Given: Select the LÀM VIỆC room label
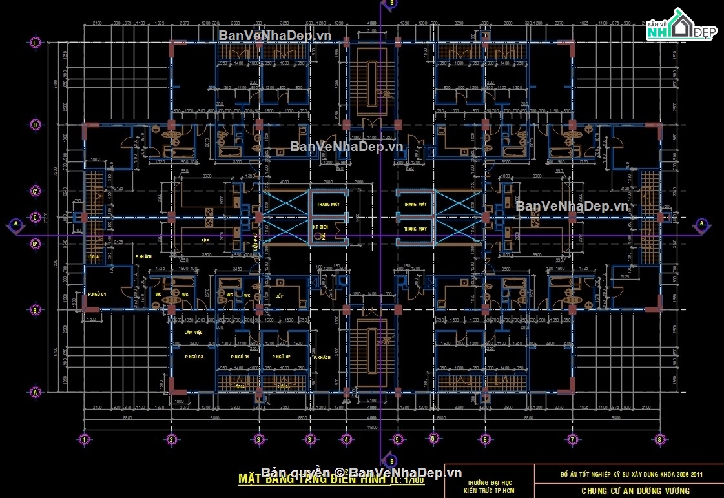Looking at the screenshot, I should tap(193, 332).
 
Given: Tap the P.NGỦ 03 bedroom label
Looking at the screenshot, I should tap(194, 357).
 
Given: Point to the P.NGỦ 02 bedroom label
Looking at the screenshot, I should tap(281, 357).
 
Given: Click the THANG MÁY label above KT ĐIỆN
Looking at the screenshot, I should tap(328, 204).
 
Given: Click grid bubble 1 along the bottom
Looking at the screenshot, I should tap(83, 440).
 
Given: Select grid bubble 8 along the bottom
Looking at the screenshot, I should tap(659, 440).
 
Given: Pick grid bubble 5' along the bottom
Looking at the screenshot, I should tap(434, 440).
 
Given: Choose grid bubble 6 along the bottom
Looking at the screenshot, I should tap(485, 440).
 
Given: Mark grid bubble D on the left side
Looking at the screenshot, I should tap(36, 125).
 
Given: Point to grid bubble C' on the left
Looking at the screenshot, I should tap(36, 191).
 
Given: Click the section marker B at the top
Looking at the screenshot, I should tap(390, 4).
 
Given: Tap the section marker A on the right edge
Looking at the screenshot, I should tap(701, 224).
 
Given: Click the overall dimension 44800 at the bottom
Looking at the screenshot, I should tap(371, 428).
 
